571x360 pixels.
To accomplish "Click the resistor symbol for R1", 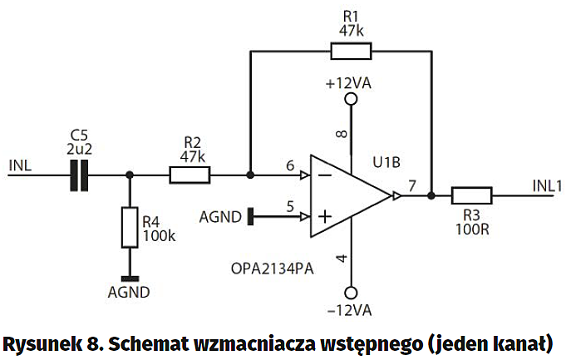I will click(351, 51).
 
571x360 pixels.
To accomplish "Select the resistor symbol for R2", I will click(190, 175).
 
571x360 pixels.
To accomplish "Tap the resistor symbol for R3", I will click(471, 196).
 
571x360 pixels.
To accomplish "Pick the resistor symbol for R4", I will click(129, 227).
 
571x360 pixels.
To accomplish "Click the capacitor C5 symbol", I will click(79, 175).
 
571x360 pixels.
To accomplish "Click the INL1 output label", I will click(547, 185).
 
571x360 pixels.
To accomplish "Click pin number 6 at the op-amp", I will click(290, 165).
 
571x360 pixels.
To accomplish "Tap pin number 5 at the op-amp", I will click(290, 208).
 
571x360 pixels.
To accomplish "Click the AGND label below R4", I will click(129, 292).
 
